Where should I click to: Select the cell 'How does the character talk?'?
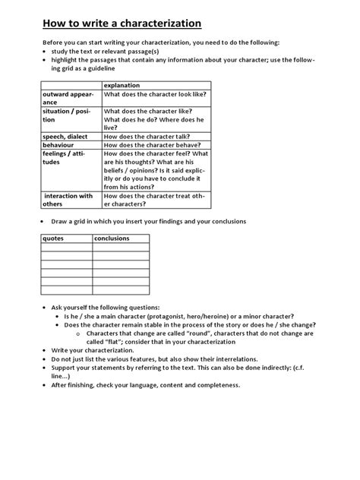152,137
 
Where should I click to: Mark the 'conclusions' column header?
111,238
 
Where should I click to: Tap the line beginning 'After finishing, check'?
144,384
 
